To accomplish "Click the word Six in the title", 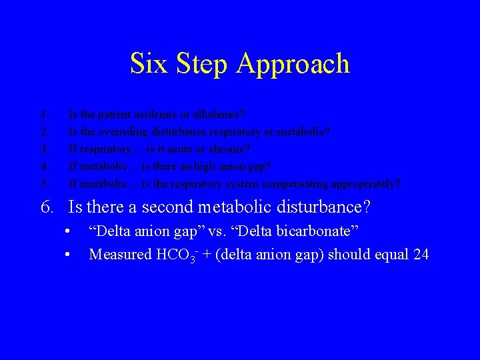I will (x=145, y=64).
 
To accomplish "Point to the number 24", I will (x=421, y=255).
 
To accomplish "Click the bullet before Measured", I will (x=68, y=255).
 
